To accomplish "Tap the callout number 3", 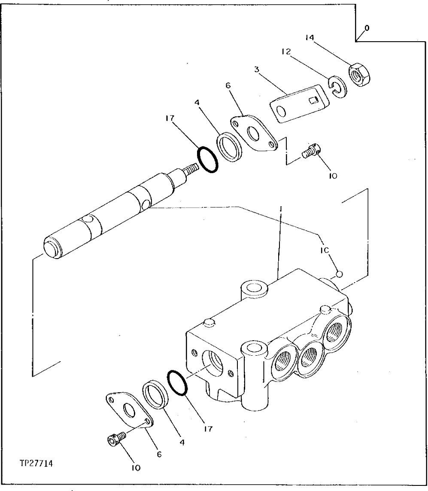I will click(x=256, y=69).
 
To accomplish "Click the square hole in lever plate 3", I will click(x=314, y=101).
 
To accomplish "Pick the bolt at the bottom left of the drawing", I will click(x=115, y=440).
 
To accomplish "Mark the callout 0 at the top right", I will click(x=366, y=28).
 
